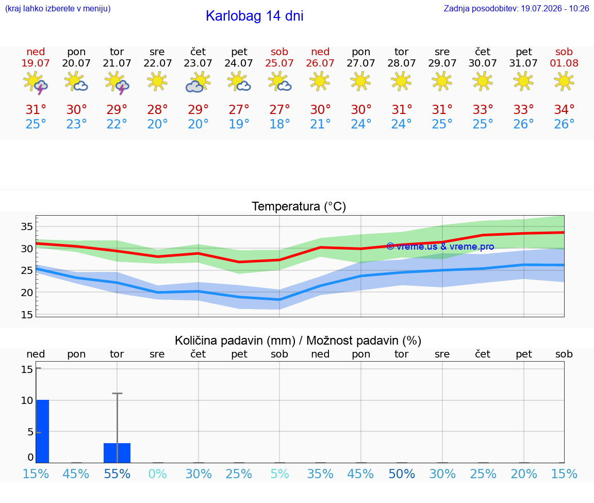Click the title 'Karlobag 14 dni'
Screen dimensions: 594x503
[x=255, y=16]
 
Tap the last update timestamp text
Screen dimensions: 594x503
[x=516, y=8]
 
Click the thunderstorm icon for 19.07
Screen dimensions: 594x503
[x=36, y=82]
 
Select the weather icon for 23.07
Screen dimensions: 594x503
[x=198, y=82]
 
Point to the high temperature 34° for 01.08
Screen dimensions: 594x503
[x=564, y=109]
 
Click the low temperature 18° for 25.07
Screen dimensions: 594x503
[x=279, y=124]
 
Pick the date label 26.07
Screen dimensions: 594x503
[x=320, y=63]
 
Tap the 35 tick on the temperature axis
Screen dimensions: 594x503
[x=27, y=226]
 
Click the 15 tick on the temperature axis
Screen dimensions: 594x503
[x=27, y=315]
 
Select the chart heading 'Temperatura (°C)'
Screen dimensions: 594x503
[x=299, y=206]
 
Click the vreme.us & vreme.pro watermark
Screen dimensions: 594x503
[x=440, y=247]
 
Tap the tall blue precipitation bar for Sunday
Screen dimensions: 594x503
[x=43, y=431]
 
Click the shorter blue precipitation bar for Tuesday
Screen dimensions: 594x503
[x=117, y=453]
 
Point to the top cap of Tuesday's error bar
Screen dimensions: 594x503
[x=117, y=394]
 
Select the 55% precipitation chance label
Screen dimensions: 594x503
[x=117, y=474]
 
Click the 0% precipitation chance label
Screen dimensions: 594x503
[x=158, y=474]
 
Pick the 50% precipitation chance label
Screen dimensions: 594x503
[x=402, y=474]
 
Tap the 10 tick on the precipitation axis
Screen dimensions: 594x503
[x=27, y=400]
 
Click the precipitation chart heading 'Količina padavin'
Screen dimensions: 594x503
[x=235, y=340]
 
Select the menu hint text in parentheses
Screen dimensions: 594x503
[x=58, y=8]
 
